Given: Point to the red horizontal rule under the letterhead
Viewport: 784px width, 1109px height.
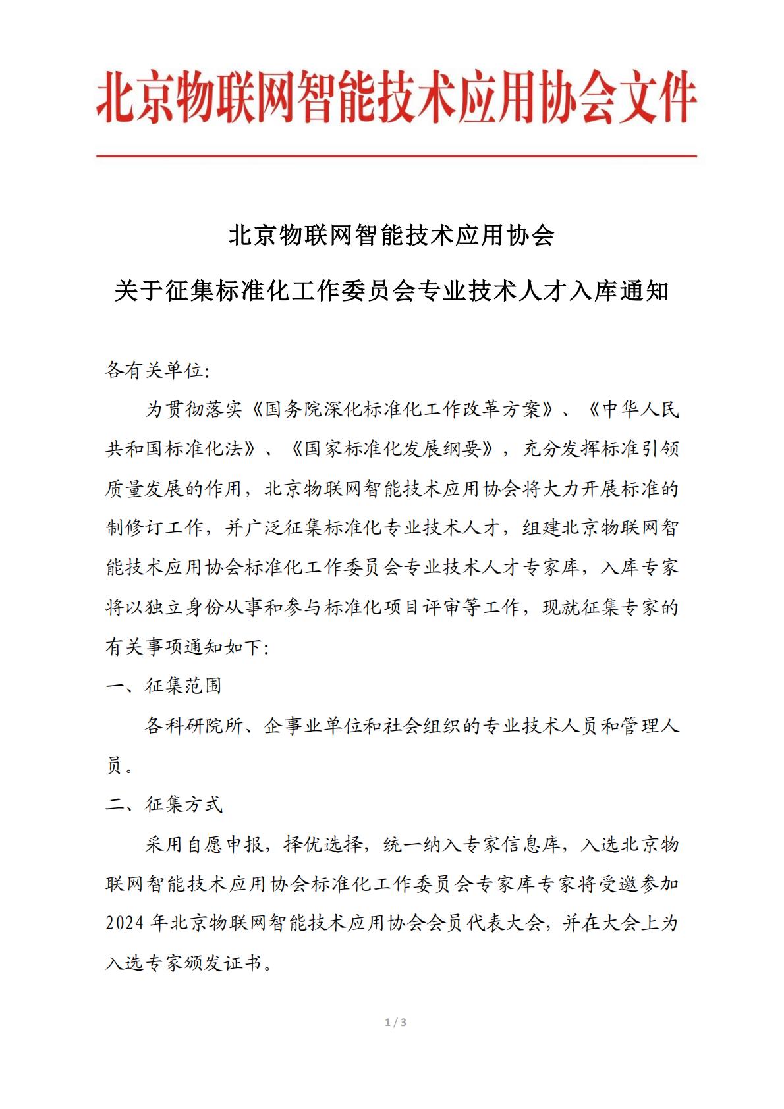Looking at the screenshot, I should pos(396,156).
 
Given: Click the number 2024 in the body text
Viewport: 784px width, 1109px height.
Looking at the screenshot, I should pos(125,923).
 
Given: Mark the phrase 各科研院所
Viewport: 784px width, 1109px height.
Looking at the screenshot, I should pos(194,726).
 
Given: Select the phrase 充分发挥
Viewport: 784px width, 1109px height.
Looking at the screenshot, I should pos(561,449).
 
